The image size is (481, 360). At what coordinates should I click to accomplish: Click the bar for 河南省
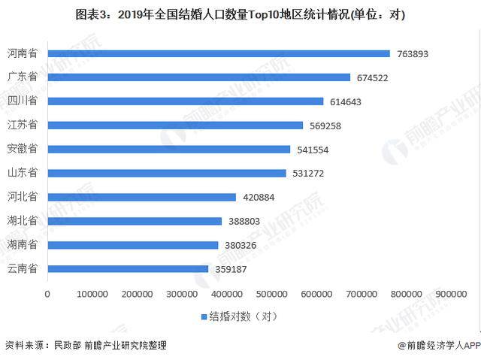219,53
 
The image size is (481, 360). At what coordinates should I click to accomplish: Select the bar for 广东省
198,77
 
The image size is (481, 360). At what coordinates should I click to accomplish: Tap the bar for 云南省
128,269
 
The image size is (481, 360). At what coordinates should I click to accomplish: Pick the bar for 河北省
141,197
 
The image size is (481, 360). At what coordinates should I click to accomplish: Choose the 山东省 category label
23,174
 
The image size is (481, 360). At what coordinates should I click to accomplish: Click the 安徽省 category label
23,150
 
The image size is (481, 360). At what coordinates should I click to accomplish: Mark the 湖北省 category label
23,221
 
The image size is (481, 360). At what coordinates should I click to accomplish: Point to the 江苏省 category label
23,126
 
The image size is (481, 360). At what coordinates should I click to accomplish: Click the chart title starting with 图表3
240,13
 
